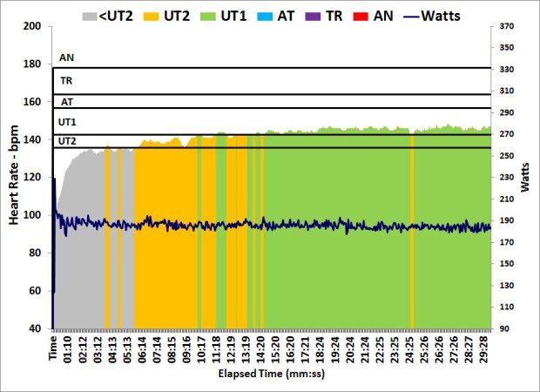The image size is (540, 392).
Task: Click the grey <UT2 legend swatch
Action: pyautogui.click(x=91, y=15)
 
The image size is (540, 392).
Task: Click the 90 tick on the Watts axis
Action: pyautogui.click(x=506, y=328)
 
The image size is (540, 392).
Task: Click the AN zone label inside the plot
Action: pyautogui.click(x=66, y=58)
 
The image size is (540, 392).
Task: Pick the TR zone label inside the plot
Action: pyautogui.click(x=66, y=81)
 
